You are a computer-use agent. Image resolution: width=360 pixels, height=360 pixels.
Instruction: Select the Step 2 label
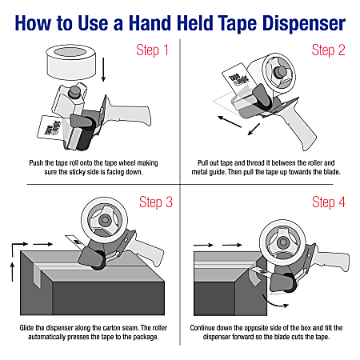(x=328, y=52)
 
